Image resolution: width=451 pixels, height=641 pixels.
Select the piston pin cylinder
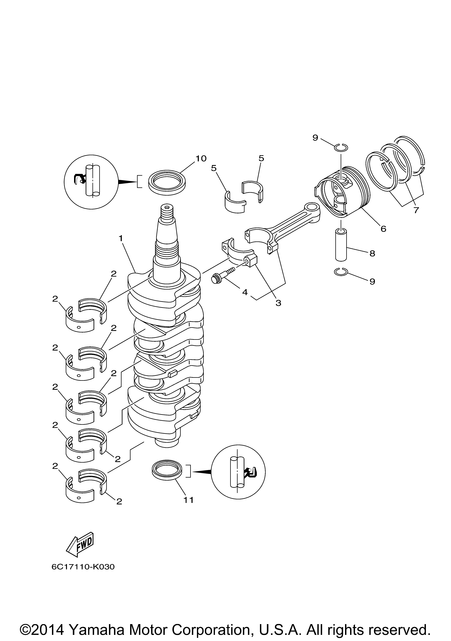click(x=341, y=245)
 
